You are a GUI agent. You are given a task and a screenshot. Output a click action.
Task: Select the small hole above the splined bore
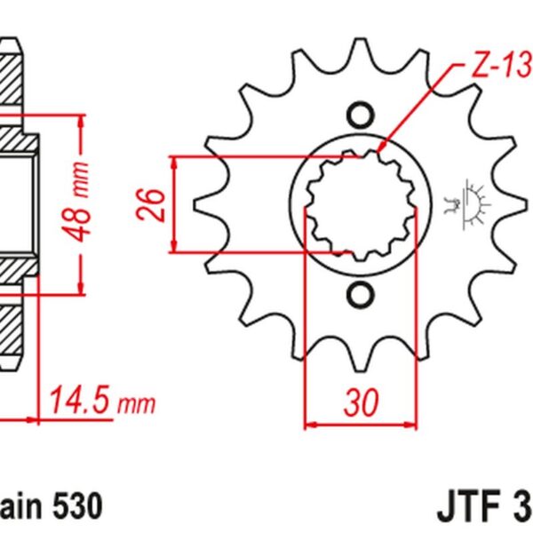coord(360,116)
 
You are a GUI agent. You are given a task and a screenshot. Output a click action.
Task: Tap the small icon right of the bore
coord(468,205)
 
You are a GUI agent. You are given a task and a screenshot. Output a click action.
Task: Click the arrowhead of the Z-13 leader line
coord(382,150)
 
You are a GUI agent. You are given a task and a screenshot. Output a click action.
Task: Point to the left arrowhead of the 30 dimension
coord(309,424)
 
